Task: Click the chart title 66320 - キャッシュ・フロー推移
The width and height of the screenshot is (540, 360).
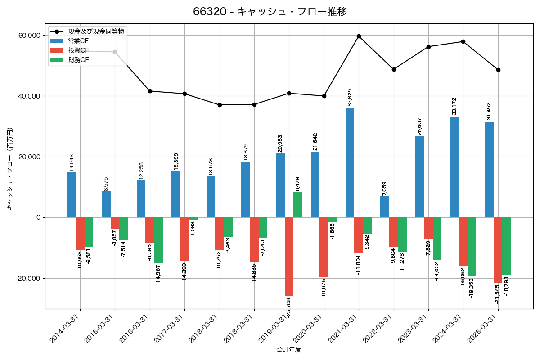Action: [x=270, y=12]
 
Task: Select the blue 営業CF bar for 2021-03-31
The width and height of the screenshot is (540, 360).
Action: [x=350, y=163]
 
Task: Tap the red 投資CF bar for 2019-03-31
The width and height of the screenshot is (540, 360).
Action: [x=289, y=256]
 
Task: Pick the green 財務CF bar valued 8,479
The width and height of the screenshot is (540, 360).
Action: [x=297, y=205]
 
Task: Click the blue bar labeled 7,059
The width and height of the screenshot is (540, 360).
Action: [x=385, y=207]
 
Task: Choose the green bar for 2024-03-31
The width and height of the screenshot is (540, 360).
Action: [x=472, y=247]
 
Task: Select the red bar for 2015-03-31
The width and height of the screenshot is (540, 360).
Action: [x=115, y=223]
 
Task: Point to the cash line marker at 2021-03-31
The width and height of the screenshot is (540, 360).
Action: [x=359, y=36]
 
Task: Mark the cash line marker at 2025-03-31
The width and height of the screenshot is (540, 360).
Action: [x=498, y=70]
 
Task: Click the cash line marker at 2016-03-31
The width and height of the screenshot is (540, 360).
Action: [x=150, y=91]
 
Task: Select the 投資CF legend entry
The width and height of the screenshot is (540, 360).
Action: [x=79, y=50]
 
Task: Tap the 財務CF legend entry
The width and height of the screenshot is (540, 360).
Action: [x=79, y=60]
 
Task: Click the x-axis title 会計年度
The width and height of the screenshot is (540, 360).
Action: [x=289, y=350]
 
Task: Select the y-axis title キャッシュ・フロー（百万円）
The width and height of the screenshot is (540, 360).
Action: [x=10, y=169]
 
